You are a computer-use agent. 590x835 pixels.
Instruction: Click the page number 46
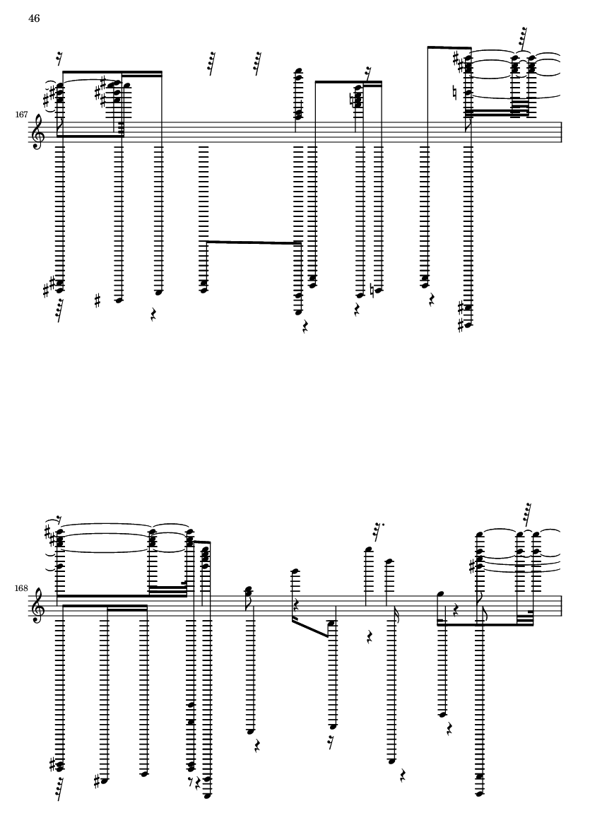pos(34,18)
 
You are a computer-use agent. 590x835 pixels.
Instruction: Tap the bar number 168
pos(21,588)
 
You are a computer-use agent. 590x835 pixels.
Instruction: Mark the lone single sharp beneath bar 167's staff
pos(98,301)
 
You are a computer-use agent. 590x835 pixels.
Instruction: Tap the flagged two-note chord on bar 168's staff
pos(248,592)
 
